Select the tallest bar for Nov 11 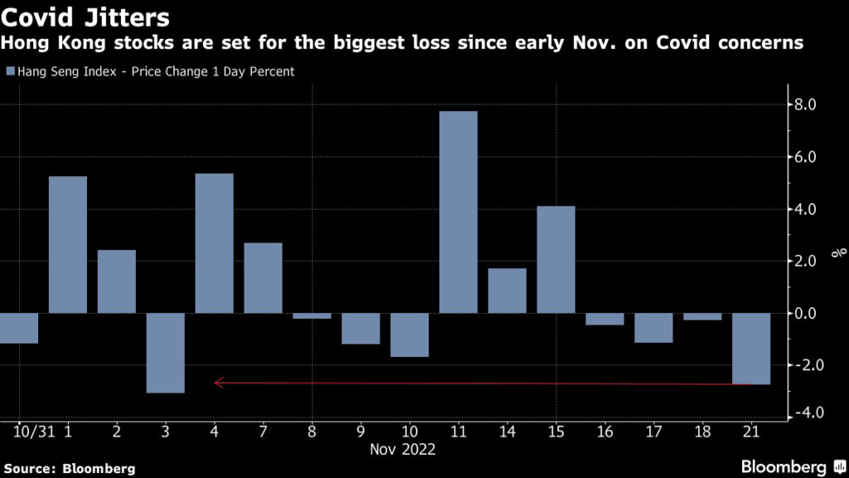click(x=458, y=212)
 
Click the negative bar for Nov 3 click(x=165, y=353)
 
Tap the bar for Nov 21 click(x=751, y=349)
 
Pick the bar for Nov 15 click(x=555, y=259)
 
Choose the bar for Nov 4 click(x=214, y=243)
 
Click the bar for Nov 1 click(x=67, y=245)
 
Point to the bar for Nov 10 click(x=410, y=334)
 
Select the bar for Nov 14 click(x=507, y=290)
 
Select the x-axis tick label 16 click(x=604, y=432)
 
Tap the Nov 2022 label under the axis click(x=404, y=450)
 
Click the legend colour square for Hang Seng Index click(x=10, y=72)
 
